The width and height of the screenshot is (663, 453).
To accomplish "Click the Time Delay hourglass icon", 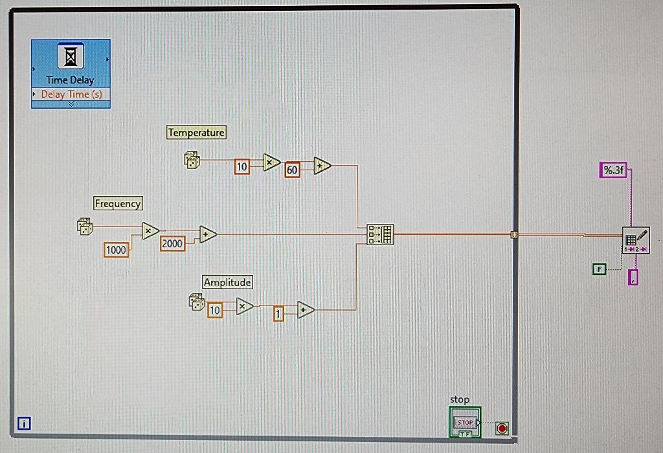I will tap(71, 58).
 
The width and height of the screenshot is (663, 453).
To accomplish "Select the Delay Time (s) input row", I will tap(71, 94).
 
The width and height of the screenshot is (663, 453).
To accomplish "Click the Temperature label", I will tap(196, 133).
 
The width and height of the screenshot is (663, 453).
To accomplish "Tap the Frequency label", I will tap(117, 204).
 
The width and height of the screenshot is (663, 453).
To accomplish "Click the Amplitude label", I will tap(227, 282).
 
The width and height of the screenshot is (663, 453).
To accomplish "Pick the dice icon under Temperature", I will tap(192, 160).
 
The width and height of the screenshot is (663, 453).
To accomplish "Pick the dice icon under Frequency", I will tap(84, 226).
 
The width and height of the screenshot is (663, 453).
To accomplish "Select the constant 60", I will tap(292, 170).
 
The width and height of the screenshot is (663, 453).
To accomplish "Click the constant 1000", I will tap(116, 250).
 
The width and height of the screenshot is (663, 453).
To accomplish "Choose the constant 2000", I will tap(172, 243).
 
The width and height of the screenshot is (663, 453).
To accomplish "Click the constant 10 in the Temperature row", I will tap(242, 167).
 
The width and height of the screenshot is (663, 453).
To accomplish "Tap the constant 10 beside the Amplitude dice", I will tap(214, 311).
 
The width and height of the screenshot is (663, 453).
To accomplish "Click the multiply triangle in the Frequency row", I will tap(150, 230).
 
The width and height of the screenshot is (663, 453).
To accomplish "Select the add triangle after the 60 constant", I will tap(321, 166).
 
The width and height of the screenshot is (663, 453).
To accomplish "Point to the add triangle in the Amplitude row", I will tap(305, 311).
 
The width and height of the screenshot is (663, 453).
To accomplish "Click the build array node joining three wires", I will tap(379, 234).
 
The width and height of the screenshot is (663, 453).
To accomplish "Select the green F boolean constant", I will tap(600, 268).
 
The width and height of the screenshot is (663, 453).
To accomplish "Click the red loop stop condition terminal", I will tap(502, 428).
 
